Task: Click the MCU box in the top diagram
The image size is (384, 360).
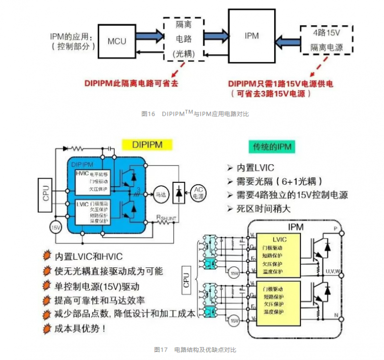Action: (x=117, y=41)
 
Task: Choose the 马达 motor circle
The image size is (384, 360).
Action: (x=160, y=193)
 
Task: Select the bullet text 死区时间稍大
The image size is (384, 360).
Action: (x=263, y=209)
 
